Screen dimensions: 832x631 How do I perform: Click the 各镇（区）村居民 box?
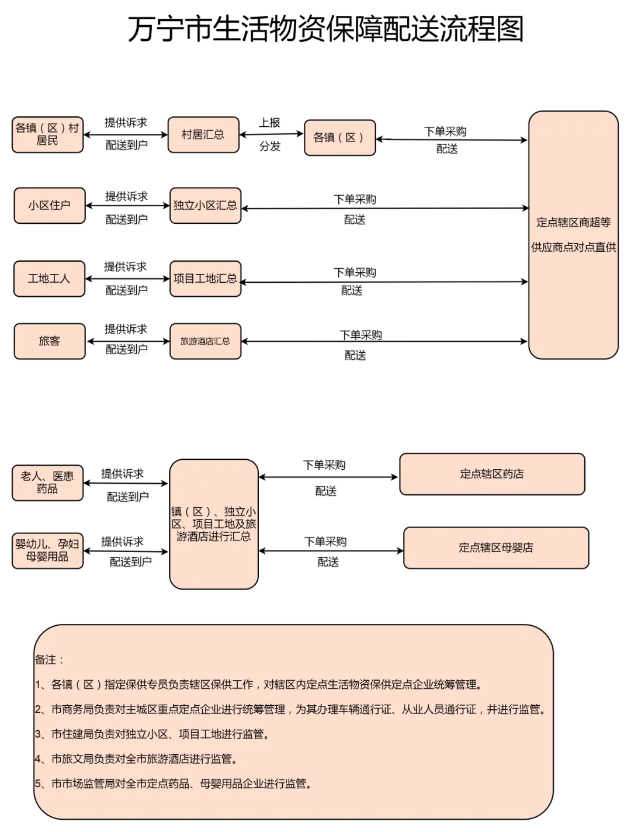coord(47,135)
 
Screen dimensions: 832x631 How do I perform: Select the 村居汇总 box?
coord(203,135)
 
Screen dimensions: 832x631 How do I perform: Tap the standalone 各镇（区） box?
coord(339,138)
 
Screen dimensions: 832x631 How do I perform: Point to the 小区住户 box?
coord(49,206)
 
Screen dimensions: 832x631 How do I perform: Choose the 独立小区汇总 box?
coord(205,206)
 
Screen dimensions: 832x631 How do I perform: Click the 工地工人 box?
coord(49,279)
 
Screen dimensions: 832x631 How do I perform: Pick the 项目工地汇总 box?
coord(205,279)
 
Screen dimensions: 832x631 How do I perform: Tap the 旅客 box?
coord(49,341)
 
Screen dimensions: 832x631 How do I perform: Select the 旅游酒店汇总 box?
coord(205,341)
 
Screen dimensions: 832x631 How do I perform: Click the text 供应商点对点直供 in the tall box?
coord(573,247)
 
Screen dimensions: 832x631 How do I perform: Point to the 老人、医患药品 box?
coord(47,483)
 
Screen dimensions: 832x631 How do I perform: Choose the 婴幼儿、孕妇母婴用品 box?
coord(47,550)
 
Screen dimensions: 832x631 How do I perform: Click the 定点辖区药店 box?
coord(492,474)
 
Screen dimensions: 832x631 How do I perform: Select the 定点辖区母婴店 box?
coord(495,548)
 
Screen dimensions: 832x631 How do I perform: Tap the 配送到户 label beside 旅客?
coord(126,350)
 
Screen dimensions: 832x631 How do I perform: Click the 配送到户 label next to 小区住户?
coord(126,220)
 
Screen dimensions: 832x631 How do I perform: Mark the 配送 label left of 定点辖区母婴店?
coord(328,562)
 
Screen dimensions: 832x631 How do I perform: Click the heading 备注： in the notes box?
coord(49,660)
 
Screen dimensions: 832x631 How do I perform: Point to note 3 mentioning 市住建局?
coord(152,734)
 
